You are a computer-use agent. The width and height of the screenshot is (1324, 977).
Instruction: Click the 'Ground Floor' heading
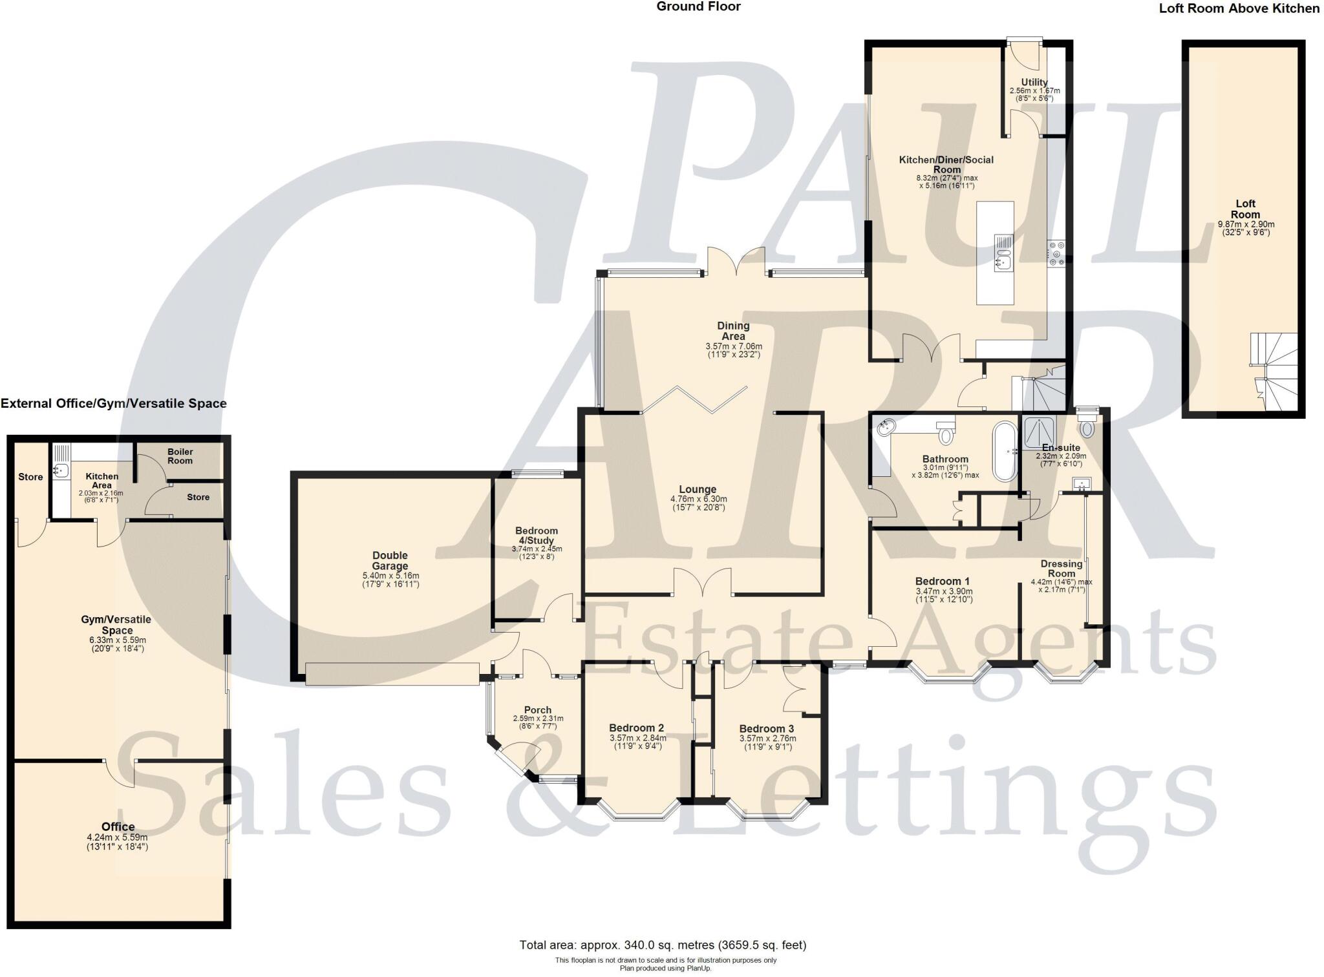(x=698, y=7)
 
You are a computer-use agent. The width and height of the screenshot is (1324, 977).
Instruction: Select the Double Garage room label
(x=390, y=560)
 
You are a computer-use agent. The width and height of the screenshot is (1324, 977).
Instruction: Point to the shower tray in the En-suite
(x=1039, y=431)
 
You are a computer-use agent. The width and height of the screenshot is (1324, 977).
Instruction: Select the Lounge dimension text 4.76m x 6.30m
(x=698, y=499)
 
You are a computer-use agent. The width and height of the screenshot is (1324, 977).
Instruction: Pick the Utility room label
(x=1034, y=82)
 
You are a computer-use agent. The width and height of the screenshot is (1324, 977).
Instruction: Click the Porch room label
(x=537, y=709)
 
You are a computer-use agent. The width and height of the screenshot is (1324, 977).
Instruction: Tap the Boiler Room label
(x=180, y=456)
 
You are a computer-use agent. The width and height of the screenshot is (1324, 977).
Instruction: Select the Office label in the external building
(x=118, y=826)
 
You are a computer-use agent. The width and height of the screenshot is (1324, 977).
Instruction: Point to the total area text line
(x=663, y=945)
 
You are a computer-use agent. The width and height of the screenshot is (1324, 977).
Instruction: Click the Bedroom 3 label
(x=767, y=728)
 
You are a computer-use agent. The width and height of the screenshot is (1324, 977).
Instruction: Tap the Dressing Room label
(x=1061, y=568)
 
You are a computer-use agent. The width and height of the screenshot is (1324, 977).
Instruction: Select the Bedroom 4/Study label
(x=537, y=535)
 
